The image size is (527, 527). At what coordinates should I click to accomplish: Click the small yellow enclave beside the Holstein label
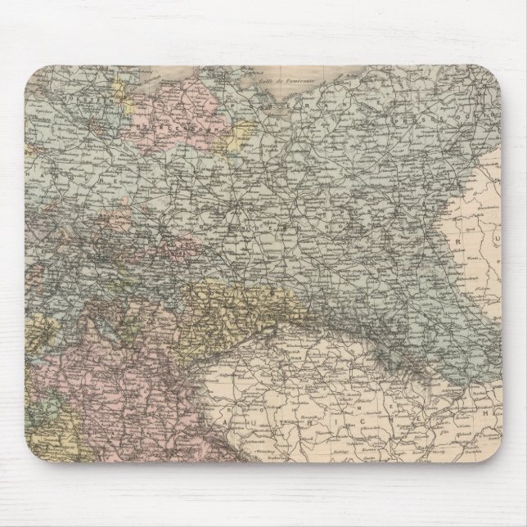tap(124, 83)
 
